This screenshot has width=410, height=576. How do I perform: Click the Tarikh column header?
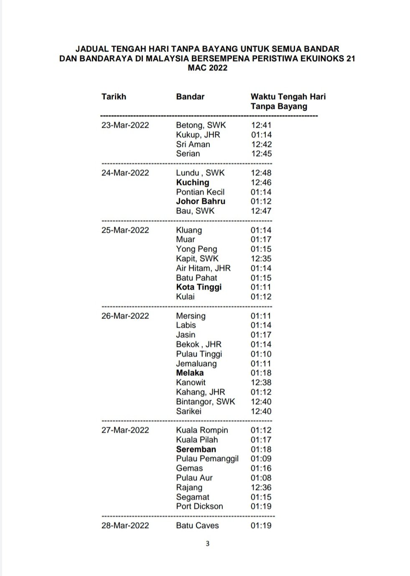tap(113, 97)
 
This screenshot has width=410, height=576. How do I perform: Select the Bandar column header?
tap(190, 97)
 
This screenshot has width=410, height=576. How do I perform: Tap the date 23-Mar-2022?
tap(125, 125)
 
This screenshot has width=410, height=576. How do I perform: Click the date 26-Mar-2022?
tap(125, 316)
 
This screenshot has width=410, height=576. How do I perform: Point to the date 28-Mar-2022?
tap(125, 525)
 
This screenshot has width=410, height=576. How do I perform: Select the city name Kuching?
tap(192, 182)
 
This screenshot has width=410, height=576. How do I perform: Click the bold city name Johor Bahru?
tap(201, 201)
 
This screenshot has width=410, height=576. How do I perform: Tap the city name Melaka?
tap(190, 373)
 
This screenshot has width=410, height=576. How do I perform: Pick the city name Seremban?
tap(196, 449)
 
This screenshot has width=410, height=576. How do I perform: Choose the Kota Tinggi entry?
tap(199, 287)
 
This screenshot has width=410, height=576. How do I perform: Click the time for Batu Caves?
tap(261, 525)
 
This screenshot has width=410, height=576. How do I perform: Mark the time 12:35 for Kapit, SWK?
tap(261, 259)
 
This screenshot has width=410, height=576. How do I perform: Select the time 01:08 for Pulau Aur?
tap(261, 478)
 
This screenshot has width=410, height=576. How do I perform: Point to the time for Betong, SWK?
tap(261, 125)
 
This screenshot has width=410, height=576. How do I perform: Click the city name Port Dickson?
tap(199, 506)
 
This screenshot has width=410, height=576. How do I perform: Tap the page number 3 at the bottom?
tap(207, 544)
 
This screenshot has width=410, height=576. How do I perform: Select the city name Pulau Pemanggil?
tap(207, 458)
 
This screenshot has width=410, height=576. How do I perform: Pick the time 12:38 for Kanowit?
tap(261, 382)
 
